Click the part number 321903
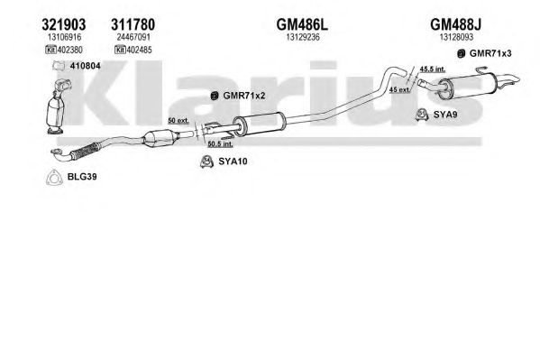tap(64, 24)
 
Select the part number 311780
tap(133, 24)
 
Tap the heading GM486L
tap(302, 24)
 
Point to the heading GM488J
tap(455, 24)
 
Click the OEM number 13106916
tap(64, 37)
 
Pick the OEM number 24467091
tap(133, 37)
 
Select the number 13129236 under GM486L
tap(303, 37)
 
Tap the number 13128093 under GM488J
tap(456, 37)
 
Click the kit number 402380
tap(70, 50)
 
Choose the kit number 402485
tap(139, 50)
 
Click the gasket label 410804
tap(85, 66)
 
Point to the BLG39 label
tap(82, 177)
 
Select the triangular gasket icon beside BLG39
tap(54, 178)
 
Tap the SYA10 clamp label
tap(233, 161)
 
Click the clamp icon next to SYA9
tap(422, 115)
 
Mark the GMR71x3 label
tap(490, 53)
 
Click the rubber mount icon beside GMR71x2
tap(215, 96)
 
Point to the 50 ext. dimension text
tap(178, 121)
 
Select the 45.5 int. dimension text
tap(432, 69)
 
